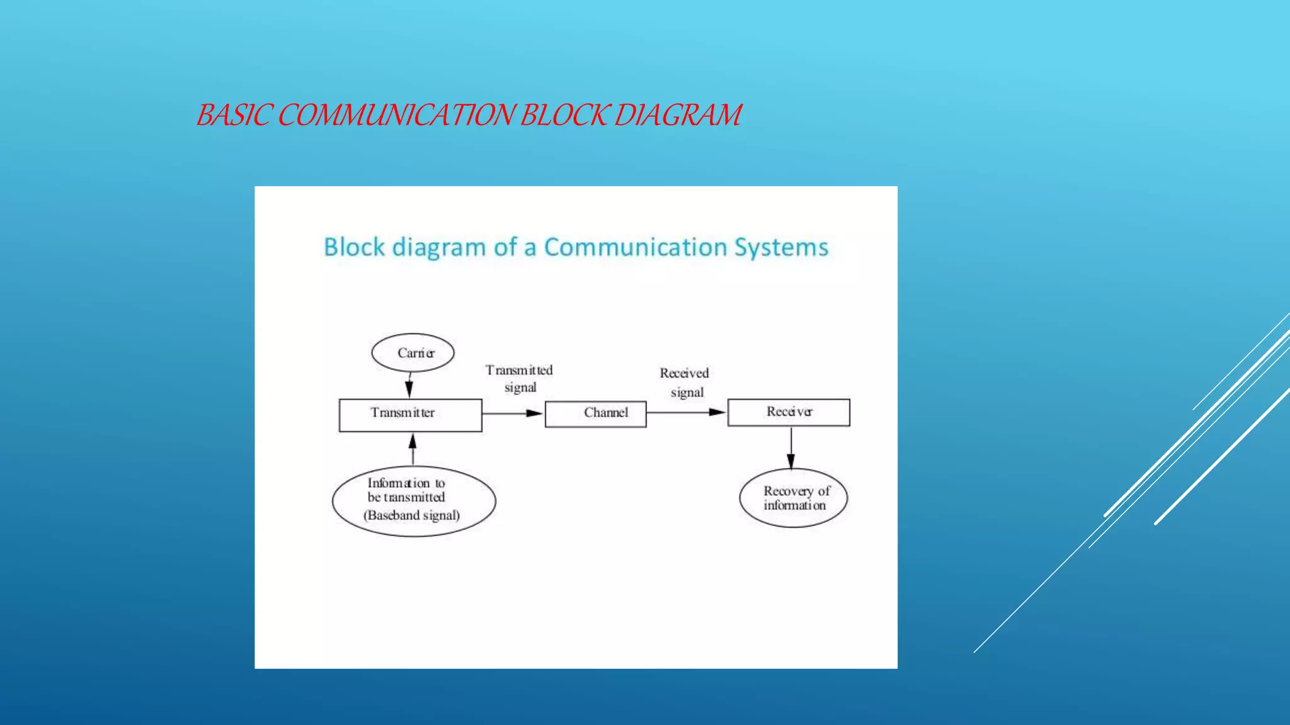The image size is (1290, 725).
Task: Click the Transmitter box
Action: (410, 415)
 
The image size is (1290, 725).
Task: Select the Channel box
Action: (595, 413)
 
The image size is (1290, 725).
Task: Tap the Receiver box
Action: (789, 412)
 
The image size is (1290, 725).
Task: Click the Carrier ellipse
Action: (413, 352)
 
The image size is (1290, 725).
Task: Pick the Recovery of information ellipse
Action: (793, 498)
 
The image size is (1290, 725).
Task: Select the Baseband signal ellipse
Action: (414, 501)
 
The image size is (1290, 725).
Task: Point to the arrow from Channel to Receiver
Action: (687, 412)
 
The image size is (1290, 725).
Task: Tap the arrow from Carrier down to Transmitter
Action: (409, 385)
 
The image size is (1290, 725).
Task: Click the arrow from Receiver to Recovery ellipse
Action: (791, 447)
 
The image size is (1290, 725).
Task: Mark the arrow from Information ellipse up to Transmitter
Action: (413, 449)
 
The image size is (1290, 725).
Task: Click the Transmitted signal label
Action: (519, 378)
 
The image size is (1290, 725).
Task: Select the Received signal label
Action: (685, 382)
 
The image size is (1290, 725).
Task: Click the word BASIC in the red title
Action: (234, 115)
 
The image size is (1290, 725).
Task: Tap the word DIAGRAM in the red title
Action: (678, 115)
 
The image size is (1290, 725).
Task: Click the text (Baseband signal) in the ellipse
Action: (411, 515)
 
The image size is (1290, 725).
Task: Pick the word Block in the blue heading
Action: (354, 247)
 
